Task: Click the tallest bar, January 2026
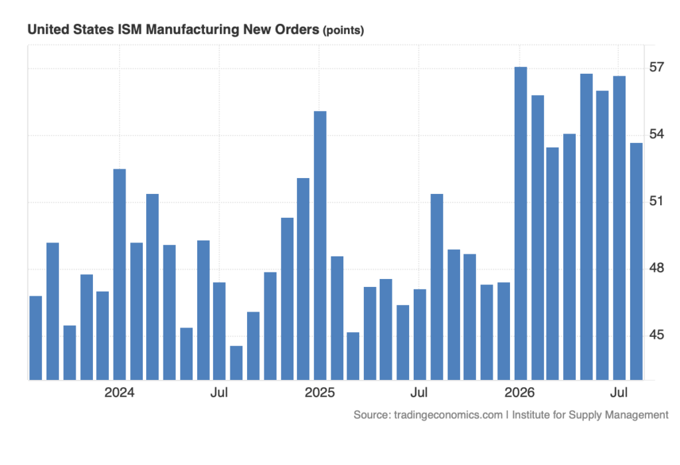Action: [521, 223]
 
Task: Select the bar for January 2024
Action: [120, 274]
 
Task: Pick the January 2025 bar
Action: [320, 246]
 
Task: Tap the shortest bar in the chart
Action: [236, 363]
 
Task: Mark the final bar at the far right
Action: [636, 262]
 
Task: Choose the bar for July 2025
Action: [420, 334]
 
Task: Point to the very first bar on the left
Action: [36, 338]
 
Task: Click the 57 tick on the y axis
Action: [656, 67]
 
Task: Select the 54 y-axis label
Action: [656, 134]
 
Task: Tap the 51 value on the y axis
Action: [656, 201]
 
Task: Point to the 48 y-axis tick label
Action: [656, 268]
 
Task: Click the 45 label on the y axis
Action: [656, 334]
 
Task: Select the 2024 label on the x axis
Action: [120, 393]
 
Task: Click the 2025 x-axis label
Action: [320, 393]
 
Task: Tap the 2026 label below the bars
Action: [519, 393]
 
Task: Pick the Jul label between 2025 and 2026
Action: [419, 393]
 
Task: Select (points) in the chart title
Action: [343, 31]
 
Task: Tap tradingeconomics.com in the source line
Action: [448, 415]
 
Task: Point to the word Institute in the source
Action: [531, 415]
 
